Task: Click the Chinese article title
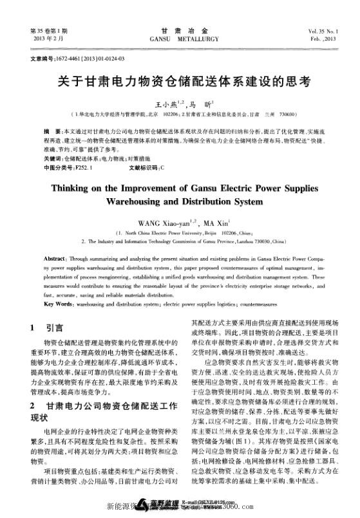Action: [180, 82]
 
